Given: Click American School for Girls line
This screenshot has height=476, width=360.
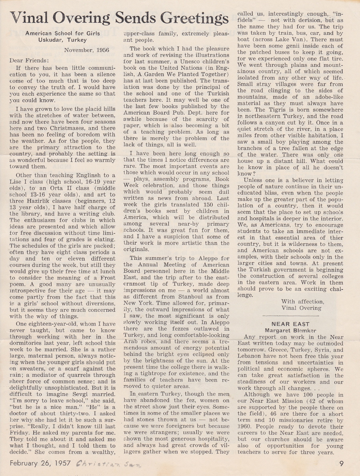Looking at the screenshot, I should pyautogui.click(x=62, y=34).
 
